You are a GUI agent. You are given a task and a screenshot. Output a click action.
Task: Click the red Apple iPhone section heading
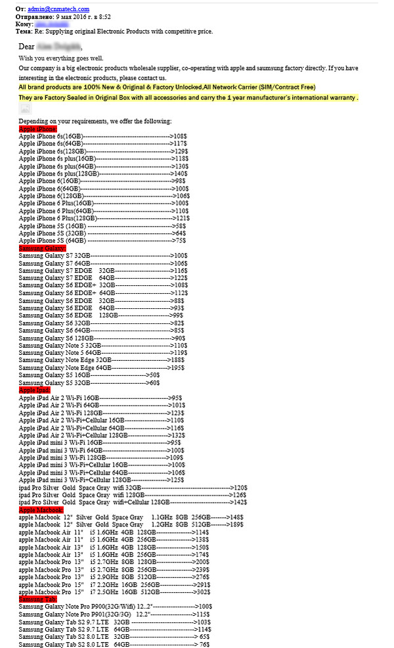click(x=39, y=129)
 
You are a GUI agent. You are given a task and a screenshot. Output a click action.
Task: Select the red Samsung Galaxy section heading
click(x=42, y=248)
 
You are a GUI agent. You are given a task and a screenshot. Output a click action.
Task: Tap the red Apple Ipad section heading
click(x=35, y=390)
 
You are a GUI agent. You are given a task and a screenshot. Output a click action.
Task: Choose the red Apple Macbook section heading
click(x=41, y=509)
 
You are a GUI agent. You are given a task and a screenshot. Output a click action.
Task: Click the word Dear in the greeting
click(x=26, y=47)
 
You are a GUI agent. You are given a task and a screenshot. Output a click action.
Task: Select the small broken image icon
click(x=25, y=110)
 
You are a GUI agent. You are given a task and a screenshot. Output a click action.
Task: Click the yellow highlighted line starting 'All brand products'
click(x=167, y=87)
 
